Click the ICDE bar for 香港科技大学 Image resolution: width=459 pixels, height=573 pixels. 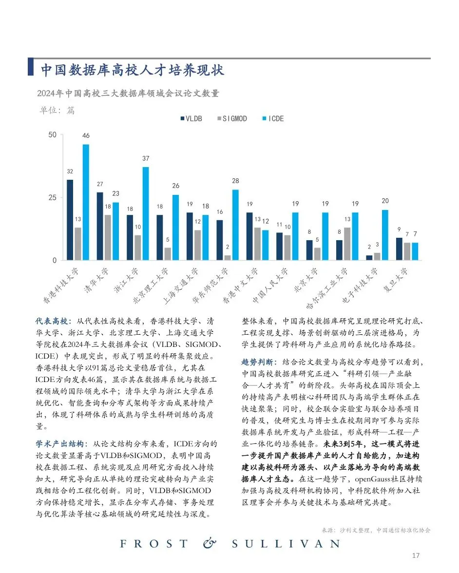click(x=86, y=202)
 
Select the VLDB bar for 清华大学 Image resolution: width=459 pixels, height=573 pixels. click(x=100, y=226)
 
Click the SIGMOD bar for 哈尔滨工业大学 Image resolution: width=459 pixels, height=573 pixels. click(x=347, y=244)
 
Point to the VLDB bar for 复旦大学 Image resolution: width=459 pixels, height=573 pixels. click(x=400, y=249)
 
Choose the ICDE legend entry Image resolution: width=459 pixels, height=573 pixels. click(x=273, y=118)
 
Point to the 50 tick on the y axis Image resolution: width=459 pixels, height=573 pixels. click(x=52, y=134)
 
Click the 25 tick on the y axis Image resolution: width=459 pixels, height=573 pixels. click(x=52, y=197)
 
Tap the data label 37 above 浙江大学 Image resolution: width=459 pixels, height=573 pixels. click(x=146, y=159)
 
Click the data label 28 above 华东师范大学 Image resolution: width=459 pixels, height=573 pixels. click(x=236, y=181)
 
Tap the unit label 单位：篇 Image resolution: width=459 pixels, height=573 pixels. click(x=57, y=110)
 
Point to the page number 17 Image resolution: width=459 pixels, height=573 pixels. click(x=416, y=555)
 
